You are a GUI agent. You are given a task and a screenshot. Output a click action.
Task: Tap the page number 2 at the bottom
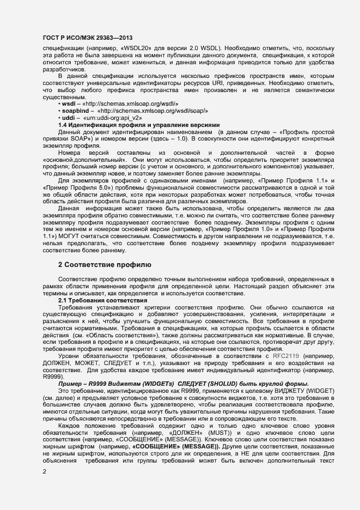click(45, 471)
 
